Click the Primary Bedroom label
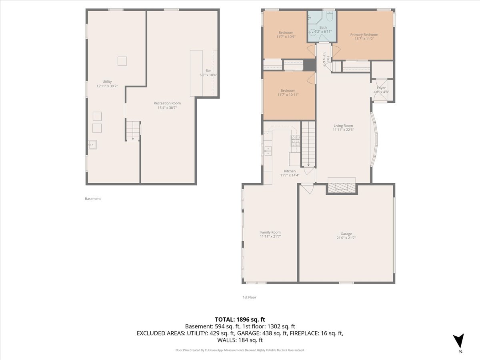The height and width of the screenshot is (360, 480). click(364, 34)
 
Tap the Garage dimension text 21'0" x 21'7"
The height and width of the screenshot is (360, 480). click(346, 238)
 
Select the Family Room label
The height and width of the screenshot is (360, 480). click(270, 232)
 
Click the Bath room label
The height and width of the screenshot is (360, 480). click(323, 28)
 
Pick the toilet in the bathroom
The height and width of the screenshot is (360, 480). click(330, 16)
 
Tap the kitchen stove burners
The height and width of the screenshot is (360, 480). click(295, 141)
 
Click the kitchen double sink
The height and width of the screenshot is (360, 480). click(268, 151)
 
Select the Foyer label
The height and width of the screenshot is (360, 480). click(381, 88)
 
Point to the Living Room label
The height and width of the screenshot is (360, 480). click(343, 126)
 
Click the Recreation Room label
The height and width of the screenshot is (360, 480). click(167, 103)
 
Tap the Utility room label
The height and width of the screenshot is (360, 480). click(107, 82)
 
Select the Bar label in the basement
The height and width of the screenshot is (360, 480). click(208, 71)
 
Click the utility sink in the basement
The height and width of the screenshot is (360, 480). click(92, 145)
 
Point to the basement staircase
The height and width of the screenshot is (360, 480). click(133, 131)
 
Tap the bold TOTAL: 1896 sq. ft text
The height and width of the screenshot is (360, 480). click(240, 320)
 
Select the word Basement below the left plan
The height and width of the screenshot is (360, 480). click(93, 199)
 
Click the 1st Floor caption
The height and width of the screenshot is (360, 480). click(249, 297)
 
